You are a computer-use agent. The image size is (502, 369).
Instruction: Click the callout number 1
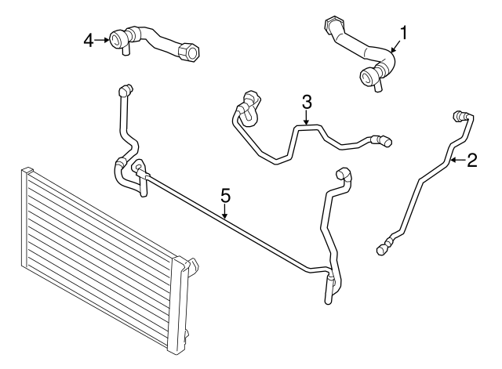(404, 32)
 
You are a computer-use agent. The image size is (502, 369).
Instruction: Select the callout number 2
(471, 161)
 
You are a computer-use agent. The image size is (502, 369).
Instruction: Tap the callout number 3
(307, 101)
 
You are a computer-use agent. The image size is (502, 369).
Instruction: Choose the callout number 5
(225, 194)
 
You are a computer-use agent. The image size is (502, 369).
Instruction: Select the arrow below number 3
(307, 118)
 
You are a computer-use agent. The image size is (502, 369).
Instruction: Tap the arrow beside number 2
(457, 161)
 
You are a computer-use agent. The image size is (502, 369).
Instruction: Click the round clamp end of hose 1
(369, 77)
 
